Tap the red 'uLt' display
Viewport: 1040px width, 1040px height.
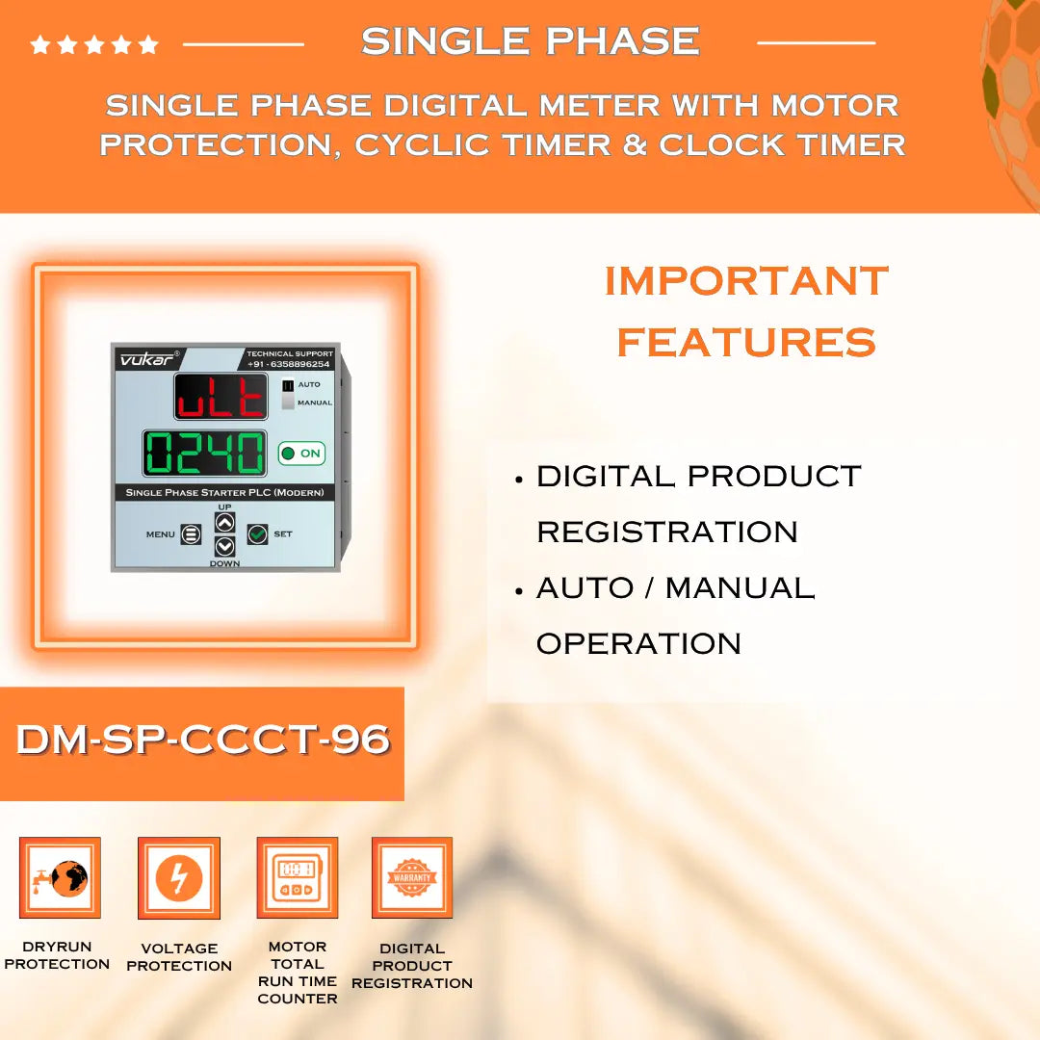point(221,397)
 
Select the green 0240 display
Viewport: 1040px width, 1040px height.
point(204,453)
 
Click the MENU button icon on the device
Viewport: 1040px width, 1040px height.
point(191,534)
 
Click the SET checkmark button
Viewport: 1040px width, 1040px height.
point(257,533)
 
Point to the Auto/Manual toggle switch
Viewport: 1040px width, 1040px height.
point(287,394)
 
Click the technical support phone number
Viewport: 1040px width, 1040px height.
point(289,364)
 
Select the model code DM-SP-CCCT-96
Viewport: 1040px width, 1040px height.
point(202,740)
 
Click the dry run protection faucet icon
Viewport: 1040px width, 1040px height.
point(60,877)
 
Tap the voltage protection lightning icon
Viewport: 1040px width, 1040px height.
point(179,877)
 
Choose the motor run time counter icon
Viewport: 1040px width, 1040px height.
point(297,877)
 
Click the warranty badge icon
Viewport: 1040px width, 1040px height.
point(412,877)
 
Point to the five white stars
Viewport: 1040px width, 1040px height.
point(94,44)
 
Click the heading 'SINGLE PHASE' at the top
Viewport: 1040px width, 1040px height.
point(530,41)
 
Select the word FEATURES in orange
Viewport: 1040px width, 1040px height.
point(746,342)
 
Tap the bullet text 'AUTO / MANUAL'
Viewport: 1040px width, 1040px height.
point(675,587)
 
